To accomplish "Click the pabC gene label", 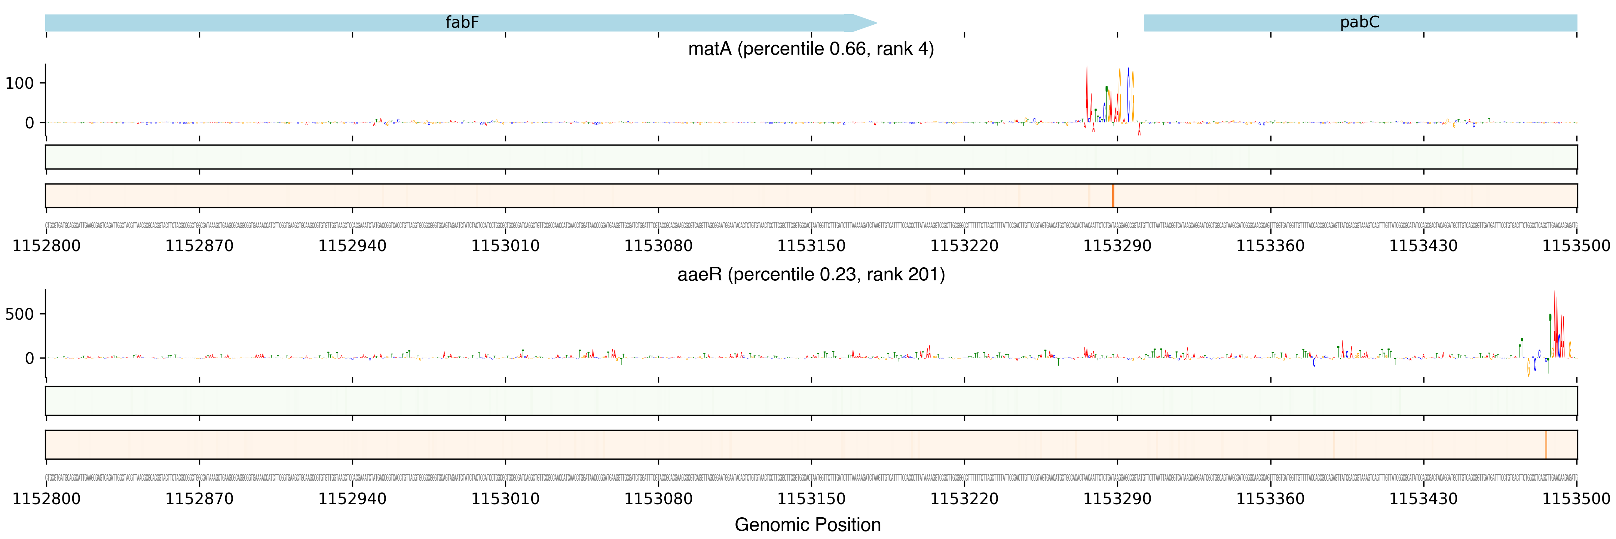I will tap(1359, 22).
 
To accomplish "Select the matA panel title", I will tap(811, 49).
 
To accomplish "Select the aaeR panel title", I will tap(811, 274).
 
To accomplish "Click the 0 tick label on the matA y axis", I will tap(30, 123).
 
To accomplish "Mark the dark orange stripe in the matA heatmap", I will tap(1113, 196).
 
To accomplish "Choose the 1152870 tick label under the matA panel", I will tap(199, 246).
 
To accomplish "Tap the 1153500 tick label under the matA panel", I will tap(1576, 246).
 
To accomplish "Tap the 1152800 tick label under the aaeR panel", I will tap(46, 499).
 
